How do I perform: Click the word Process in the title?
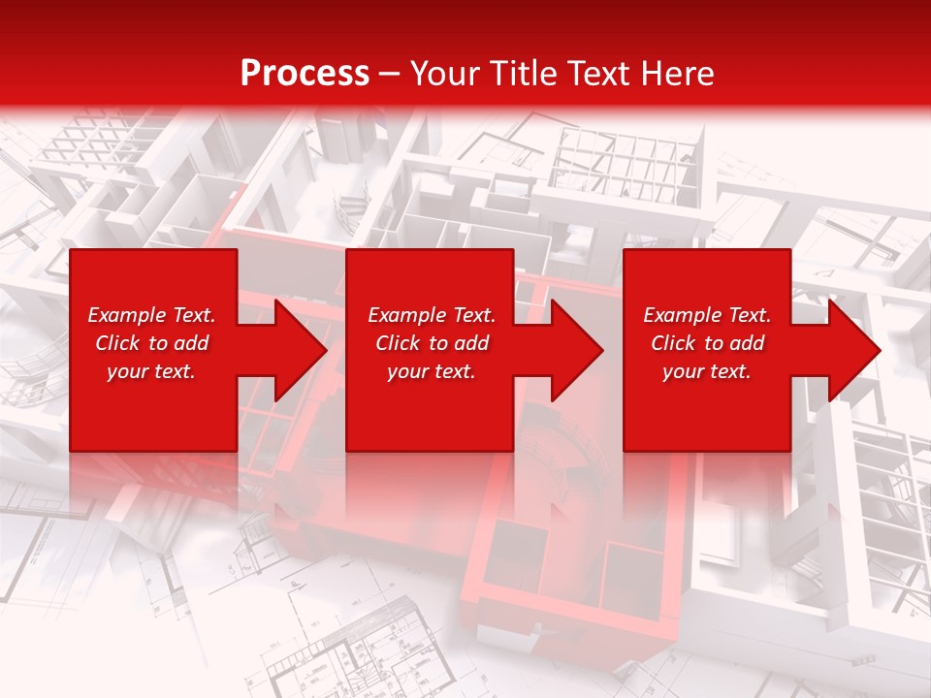tap(305, 74)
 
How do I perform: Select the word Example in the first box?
tap(126, 315)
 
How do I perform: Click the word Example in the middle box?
tap(406, 315)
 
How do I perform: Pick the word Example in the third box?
tap(682, 315)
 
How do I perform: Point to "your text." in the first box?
tap(151, 371)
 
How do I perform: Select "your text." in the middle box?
tap(432, 371)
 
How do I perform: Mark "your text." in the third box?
tap(707, 371)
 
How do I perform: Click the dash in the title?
tap(389, 74)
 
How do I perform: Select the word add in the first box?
tap(191, 343)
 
